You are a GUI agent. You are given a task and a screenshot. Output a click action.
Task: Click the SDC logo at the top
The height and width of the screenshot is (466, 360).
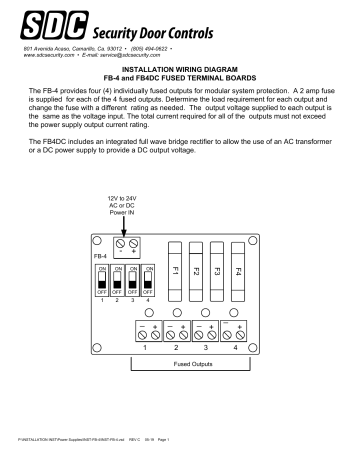point(42,23)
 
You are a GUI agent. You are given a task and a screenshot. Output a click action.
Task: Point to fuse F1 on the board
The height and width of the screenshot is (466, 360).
point(175,271)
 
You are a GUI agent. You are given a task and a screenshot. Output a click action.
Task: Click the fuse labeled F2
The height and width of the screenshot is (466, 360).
point(196,271)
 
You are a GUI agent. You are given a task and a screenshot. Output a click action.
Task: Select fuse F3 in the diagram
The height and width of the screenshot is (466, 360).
point(217,271)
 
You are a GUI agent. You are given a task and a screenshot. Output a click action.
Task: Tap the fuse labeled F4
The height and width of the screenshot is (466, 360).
point(238,271)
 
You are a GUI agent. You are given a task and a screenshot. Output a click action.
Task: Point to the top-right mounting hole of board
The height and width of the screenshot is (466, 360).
point(258,243)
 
